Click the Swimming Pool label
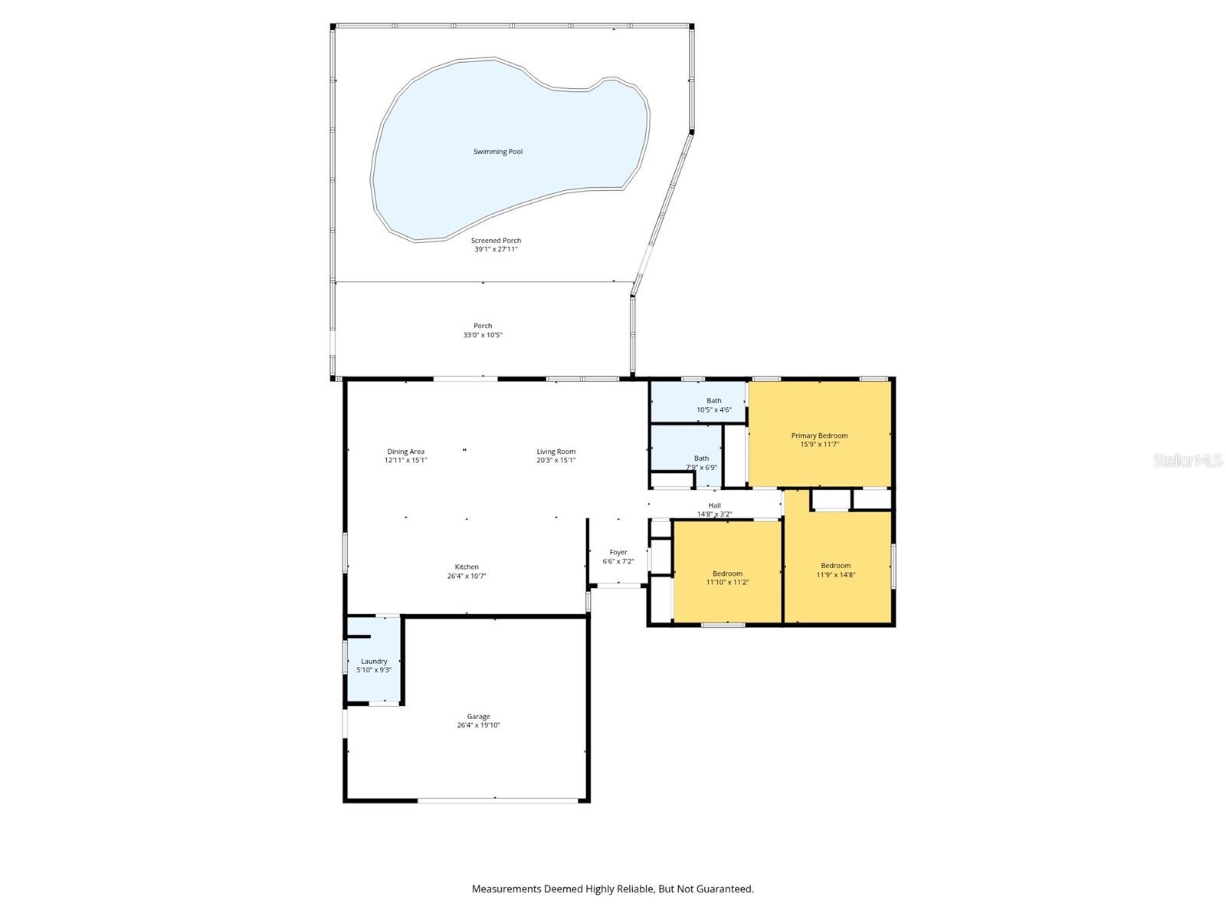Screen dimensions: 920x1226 [497, 152]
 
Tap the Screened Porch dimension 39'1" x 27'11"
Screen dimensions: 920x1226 [496, 249]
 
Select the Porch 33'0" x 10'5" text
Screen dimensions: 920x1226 [483, 330]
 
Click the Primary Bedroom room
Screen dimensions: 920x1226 [819, 435]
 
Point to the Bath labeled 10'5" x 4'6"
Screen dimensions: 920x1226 [713, 405]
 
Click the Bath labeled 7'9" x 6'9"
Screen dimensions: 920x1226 [701, 462]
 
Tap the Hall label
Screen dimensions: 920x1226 [714, 505]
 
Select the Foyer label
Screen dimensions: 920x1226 [618, 552]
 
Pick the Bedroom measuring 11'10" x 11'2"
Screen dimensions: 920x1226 [727, 577]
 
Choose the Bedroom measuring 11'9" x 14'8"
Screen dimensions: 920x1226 [835, 570]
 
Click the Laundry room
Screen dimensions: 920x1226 [374, 665]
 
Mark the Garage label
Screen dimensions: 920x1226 [478, 717]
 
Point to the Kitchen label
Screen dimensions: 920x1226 [467, 567]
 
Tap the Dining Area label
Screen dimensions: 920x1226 [405, 452]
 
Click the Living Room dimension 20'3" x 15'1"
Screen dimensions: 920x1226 [556, 461]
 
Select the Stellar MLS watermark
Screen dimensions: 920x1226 [1187, 460]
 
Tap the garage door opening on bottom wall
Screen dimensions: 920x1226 [497, 801]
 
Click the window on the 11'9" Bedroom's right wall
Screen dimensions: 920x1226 [893, 566]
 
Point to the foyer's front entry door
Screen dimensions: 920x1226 [618, 586]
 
